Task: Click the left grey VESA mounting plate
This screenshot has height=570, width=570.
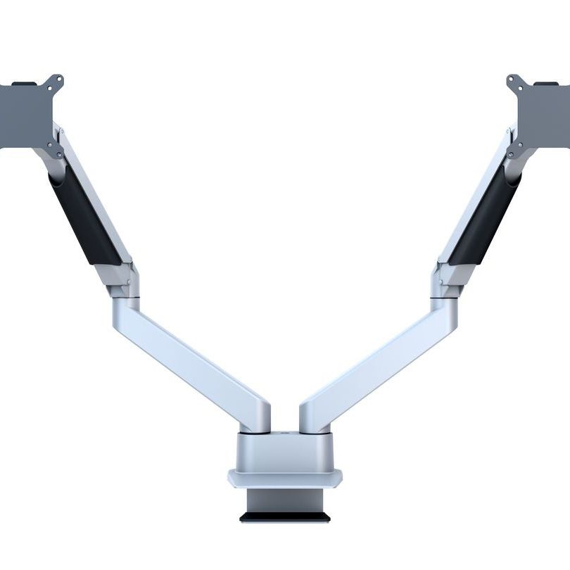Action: [25, 116]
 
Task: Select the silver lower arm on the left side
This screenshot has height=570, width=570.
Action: [190, 359]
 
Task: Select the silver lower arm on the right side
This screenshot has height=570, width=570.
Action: [380, 359]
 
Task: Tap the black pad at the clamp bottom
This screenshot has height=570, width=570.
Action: [284, 517]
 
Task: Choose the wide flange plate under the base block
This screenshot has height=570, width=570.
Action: [284, 479]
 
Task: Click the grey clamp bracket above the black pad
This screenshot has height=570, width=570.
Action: [284, 501]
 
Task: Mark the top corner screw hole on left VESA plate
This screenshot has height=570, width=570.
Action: [56, 80]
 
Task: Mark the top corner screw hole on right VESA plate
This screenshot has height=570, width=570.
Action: [513, 80]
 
